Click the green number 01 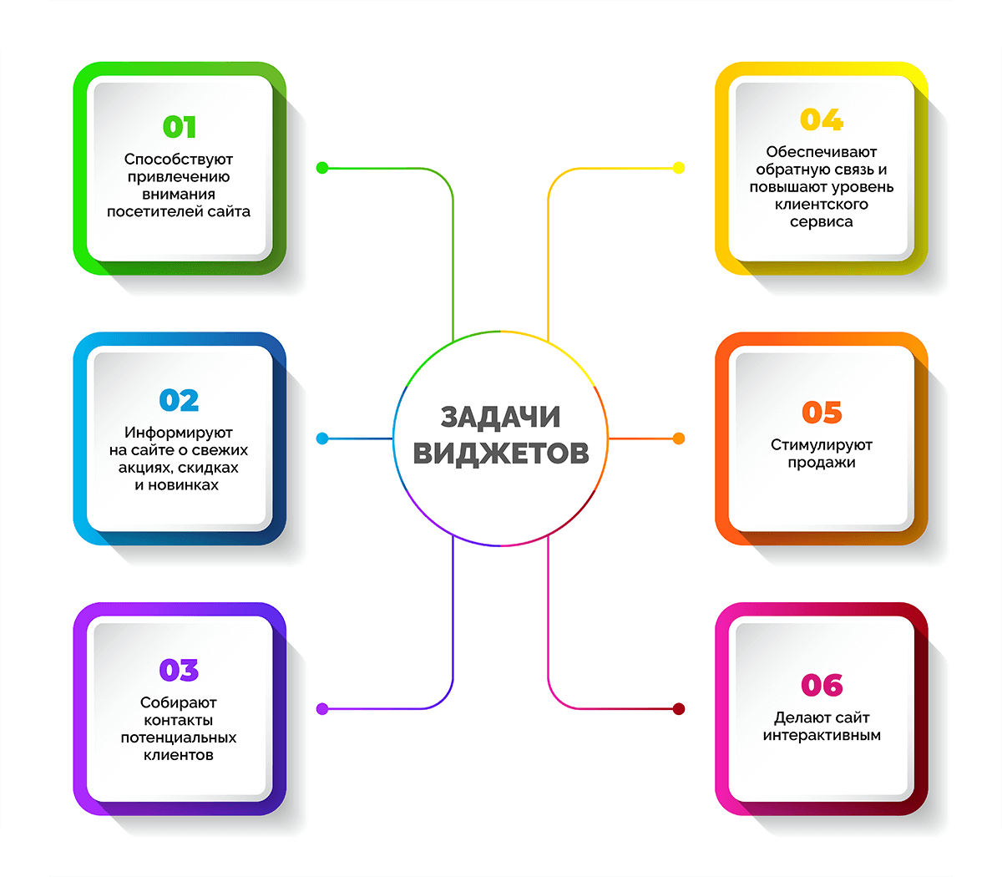pos(180,128)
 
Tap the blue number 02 pos(180,401)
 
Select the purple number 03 pos(180,671)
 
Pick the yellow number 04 pos(822,120)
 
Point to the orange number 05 pos(822,413)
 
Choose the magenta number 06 pos(822,686)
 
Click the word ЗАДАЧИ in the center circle pos(500,417)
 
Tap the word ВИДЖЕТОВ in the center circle pos(501,453)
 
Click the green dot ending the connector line pos(322,168)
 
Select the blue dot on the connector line pos(322,438)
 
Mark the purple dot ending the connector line pos(322,709)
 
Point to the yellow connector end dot pos(679,168)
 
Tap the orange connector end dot pos(679,438)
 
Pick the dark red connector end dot pos(679,709)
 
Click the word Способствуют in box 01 pos(179,160)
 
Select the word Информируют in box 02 pos(179,433)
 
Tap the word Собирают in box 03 pos(179,703)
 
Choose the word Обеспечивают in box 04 pos(822,152)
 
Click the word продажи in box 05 pos(822,463)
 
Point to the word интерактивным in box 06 pos(822,736)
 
